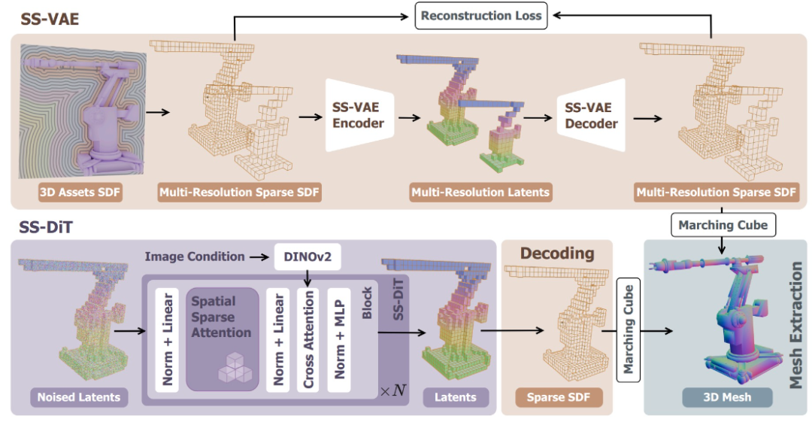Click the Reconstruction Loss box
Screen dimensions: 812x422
(x=481, y=16)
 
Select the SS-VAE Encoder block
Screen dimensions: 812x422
(x=359, y=115)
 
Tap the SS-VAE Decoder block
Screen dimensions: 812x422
(x=592, y=115)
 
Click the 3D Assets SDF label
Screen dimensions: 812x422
(x=80, y=193)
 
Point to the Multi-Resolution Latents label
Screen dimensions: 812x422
(x=480, y=193)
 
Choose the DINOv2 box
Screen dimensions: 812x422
(x=307, y=257)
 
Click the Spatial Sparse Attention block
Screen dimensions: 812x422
(x=222, y=339)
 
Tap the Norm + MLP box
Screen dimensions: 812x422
(x=339, y=339)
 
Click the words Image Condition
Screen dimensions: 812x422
(x=195, y=257)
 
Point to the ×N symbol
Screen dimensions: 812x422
(x=393, y=390)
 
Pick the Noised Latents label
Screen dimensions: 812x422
(x=79, y=397)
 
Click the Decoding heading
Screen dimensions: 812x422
(x=557, y=253)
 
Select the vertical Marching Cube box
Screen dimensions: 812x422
(x=628, y=329)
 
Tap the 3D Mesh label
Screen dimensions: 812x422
(x=727, y=397)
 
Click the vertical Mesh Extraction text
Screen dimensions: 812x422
(x=796, y=325)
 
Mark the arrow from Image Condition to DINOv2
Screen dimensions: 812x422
(x=259, y=257)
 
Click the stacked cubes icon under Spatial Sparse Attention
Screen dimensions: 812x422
(x=235, y=368)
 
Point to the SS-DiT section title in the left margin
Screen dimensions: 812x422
(x=46, y=227)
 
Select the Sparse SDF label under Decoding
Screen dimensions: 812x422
(x=558, y=397)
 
